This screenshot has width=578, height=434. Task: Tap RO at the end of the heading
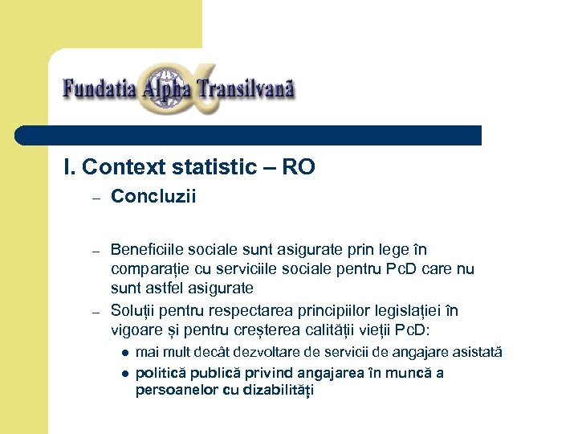tap(299, 167)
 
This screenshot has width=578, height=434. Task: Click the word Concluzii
tap(153, 197)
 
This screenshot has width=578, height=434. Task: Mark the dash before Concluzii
tap(94, 198)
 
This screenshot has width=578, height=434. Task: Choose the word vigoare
tap(137, 329)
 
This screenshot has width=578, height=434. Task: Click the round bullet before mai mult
tap(125, 353)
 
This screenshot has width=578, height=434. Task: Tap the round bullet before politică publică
tap(125, 373)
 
